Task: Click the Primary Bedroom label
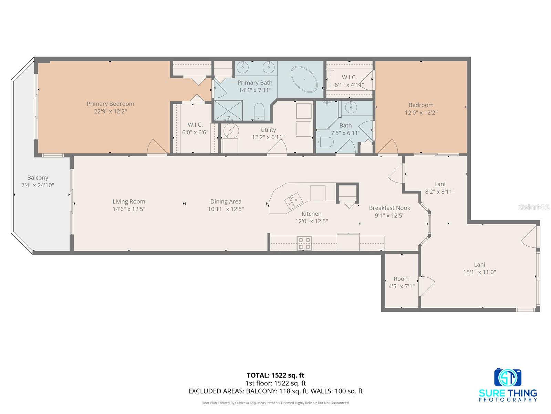110,104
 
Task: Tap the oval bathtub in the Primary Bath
304,79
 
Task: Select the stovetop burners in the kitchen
304,243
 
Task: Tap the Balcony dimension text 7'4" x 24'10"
38,185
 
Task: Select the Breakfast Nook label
389,208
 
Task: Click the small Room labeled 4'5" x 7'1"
402,282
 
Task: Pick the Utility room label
268,130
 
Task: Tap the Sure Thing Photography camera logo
508,378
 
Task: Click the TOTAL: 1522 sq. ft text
275,375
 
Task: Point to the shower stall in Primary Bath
228,110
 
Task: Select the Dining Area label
226,201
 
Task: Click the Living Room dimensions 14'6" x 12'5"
129,209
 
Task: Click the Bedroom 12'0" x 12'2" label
421,109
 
